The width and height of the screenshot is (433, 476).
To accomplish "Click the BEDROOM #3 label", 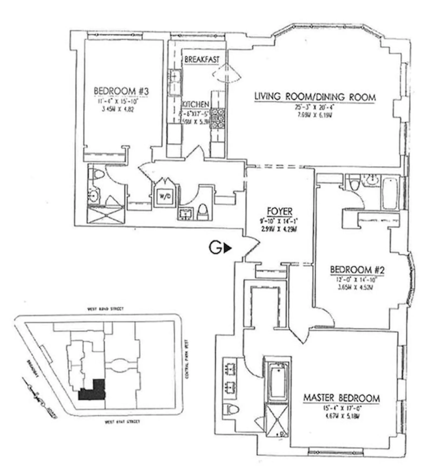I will [x=121, y=91].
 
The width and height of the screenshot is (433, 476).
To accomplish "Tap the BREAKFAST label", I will [x=202, y=59].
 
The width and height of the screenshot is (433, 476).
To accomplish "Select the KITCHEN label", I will [x=195, y=104].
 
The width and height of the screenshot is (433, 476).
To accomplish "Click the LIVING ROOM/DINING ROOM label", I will [x=315, y=97].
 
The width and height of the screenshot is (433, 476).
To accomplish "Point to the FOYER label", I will [x=280, y=211].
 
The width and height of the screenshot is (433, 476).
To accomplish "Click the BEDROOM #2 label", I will [x=357, y=270].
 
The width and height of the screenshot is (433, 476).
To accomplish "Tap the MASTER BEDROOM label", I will [x=341, y=398].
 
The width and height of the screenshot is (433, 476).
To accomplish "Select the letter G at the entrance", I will [x=215, y=248].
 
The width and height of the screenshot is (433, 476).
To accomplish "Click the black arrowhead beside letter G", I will [x=228, y=248].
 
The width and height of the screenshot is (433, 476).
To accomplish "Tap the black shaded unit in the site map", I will [x=91, y=392].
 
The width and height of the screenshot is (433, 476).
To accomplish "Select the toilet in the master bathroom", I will [x=232, y=409].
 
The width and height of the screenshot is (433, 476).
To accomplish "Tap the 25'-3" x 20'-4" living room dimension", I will [x=314, y=107].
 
